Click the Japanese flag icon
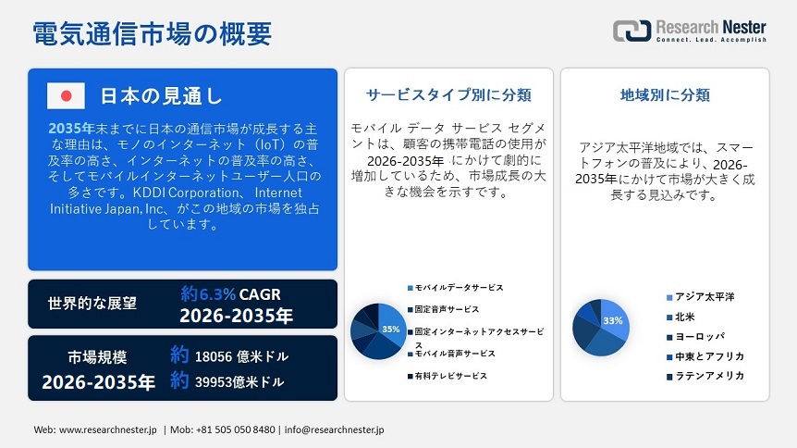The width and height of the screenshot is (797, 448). point(66,96)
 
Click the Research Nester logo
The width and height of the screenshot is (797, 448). point(690,31)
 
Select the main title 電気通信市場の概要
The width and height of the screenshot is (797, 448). point(153,33)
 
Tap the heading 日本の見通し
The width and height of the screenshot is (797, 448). point(161,96)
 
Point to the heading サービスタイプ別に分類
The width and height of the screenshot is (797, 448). point(448,95)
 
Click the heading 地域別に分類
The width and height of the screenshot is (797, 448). point(665,95)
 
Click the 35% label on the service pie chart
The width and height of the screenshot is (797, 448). point(391,330)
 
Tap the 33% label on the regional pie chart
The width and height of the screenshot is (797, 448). point(612,320)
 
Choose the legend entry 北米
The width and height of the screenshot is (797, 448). point(686,317)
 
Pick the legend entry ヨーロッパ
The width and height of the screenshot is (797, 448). point(699,336)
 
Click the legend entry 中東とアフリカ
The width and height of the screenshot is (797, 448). point(709,356)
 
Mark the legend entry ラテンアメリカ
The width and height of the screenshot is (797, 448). point(709,376)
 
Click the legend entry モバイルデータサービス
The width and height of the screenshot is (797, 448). point(459,289)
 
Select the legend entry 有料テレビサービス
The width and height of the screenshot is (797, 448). point(451,376)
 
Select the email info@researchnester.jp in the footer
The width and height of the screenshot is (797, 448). point(335,429)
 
